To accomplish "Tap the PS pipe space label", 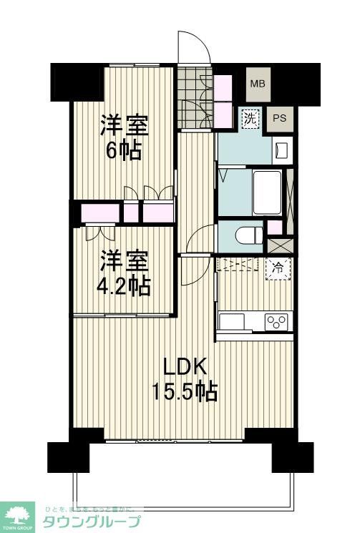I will coord(279,119).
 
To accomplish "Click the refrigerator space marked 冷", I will coord(276,270).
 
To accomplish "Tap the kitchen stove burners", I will coord(276,321).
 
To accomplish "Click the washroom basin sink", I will coord(281,150).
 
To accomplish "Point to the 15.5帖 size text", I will coord(184,391).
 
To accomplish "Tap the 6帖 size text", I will coord(122,152).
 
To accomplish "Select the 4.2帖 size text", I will coord(124,286).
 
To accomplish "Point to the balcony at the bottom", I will coord(183,476).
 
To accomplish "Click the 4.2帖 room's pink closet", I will coord(101,212).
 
